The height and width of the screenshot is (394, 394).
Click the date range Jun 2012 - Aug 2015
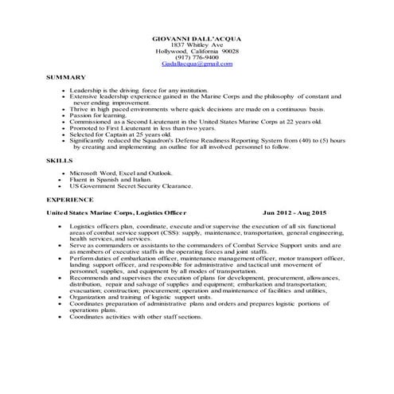(295, 213)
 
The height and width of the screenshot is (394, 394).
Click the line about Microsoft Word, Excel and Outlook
(119, 173)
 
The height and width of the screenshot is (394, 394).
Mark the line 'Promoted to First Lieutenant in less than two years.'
(142, 127)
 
